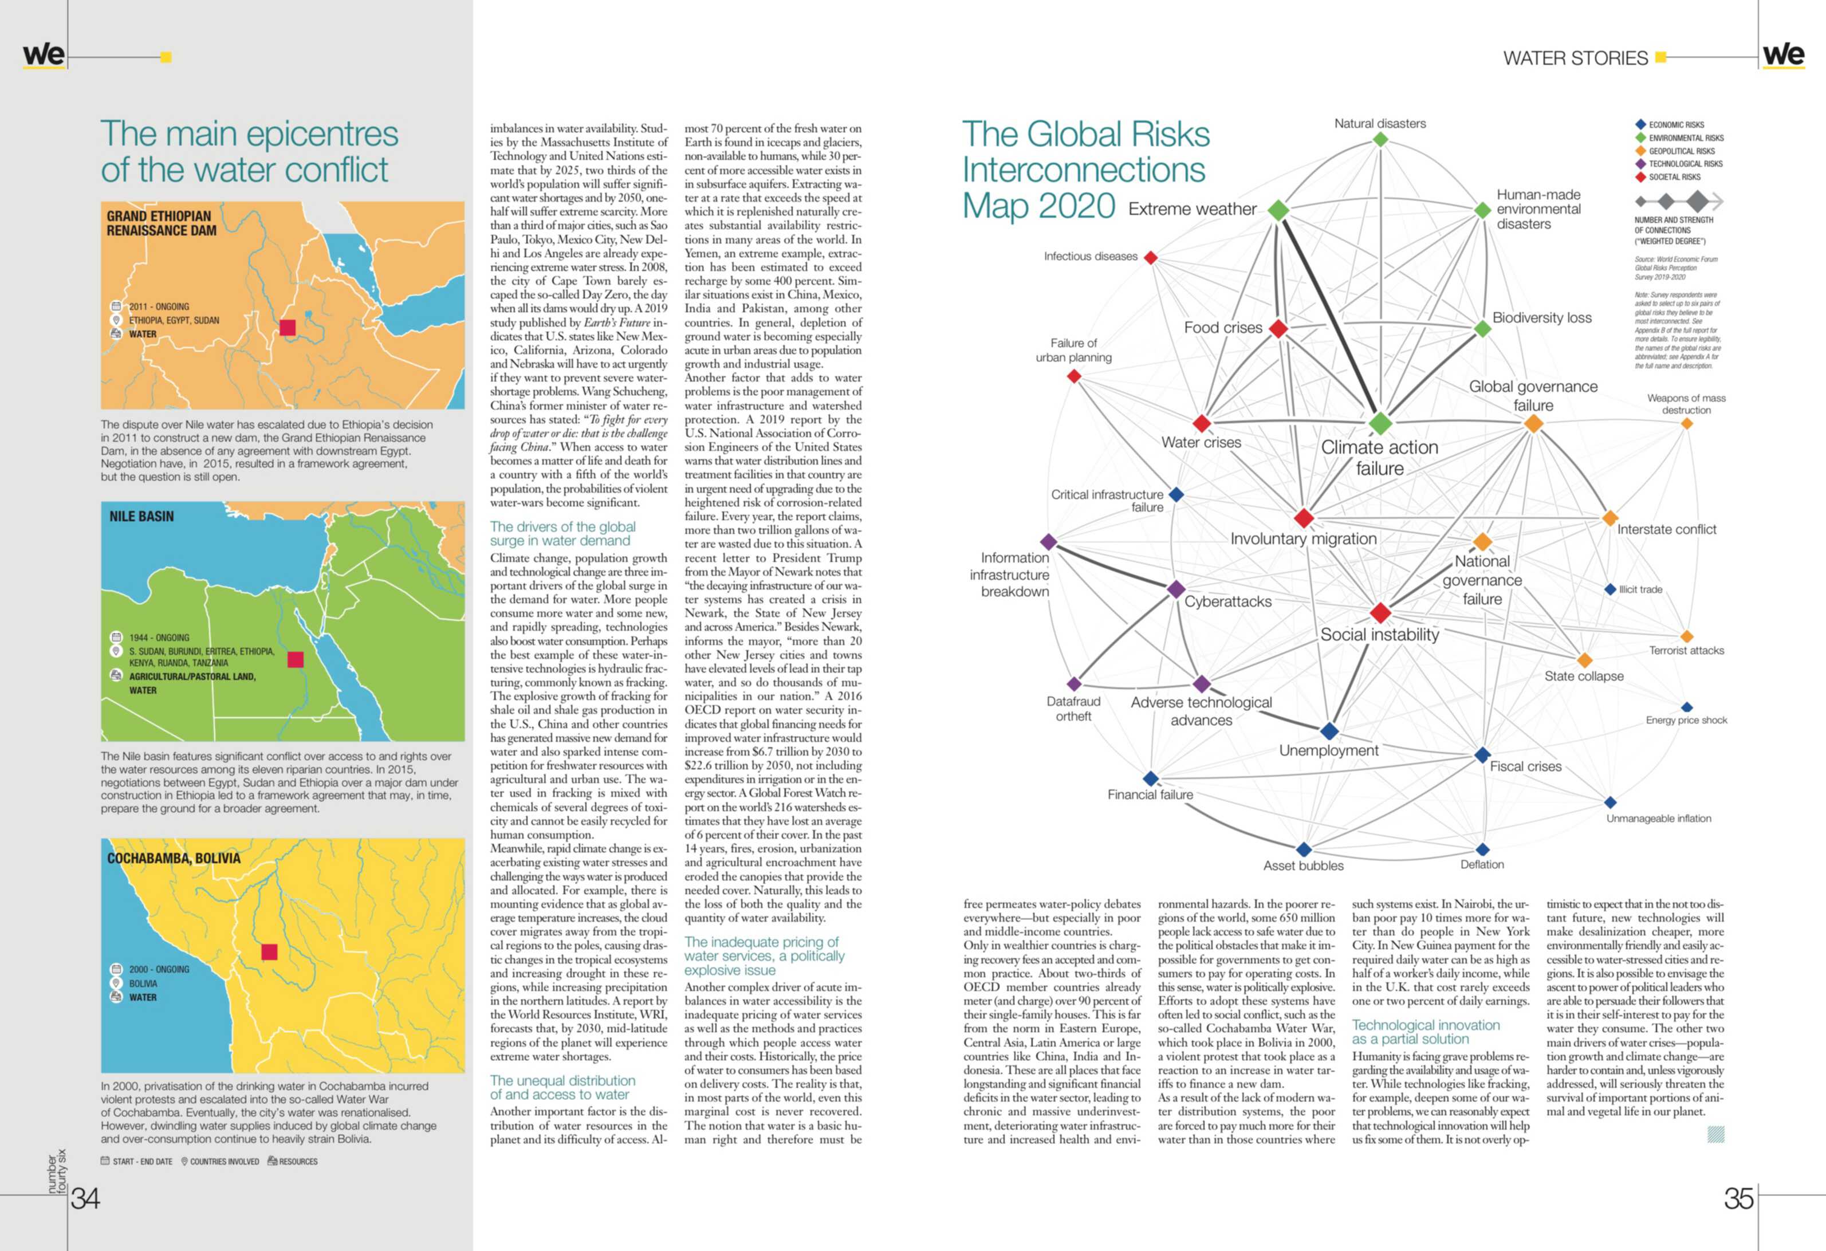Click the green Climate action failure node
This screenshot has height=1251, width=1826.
point(1380,423)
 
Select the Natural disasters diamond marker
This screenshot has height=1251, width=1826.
point(1380,140)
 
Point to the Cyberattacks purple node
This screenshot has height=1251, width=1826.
point(1176,589)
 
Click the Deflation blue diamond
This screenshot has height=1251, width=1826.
point(1482,849)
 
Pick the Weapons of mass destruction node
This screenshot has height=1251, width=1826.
point(1686,423)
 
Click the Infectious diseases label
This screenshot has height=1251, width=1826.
point(1091,256)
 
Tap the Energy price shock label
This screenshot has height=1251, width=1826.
point(1686,720)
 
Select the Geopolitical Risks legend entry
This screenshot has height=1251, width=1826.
point(1681,151)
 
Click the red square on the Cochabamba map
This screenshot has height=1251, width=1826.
point(270,951)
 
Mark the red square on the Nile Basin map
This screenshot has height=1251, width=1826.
point(296,659)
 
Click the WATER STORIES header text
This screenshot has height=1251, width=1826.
point(1575,58)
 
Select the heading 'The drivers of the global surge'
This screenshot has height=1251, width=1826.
point(562,533)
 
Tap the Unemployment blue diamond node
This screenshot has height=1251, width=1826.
point(1329,731)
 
